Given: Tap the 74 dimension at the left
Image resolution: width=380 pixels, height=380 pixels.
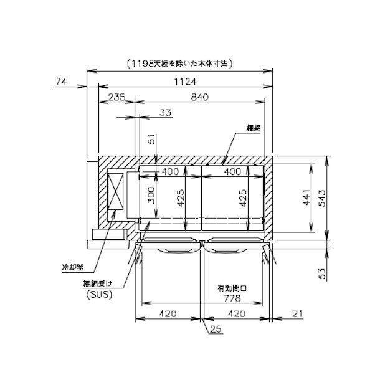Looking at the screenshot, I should tap(61, 81).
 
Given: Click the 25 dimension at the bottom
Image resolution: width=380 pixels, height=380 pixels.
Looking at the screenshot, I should tap(215, 328).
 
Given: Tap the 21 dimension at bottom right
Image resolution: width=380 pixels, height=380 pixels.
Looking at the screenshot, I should tap(297, 314).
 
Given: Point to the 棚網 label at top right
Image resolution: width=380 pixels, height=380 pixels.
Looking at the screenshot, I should tap(253, 128).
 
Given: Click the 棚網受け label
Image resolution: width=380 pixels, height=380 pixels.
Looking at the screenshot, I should tap(99, 285).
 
